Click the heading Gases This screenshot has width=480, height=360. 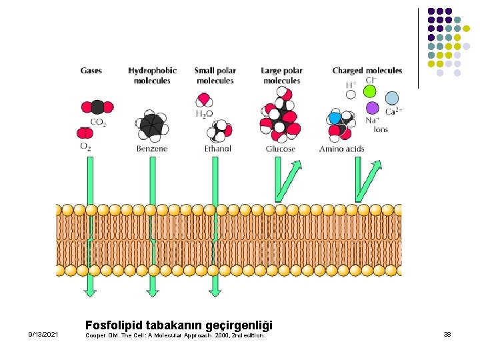tap(91, 71)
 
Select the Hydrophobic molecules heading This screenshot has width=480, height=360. tap(152, 75)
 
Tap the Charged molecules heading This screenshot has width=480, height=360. tap(367, 71)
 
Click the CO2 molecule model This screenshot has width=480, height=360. tap(97, 107)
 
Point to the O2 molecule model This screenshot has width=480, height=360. tap(85, 133)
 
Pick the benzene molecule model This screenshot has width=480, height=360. tap(152, 125)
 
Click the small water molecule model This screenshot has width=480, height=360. tap(204, 100)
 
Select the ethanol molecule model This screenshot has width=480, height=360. tap(219, 131)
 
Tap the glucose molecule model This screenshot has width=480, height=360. tap(280, 115)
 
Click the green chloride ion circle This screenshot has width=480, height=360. tap(369, 91)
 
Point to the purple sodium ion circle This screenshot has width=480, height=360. tap(372, 108)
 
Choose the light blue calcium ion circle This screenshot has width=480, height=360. tap(392, 99)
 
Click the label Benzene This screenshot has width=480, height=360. tap(152, 149)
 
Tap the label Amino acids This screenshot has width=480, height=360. tap(341, 149)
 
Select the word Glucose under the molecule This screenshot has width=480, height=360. tap(281, 149)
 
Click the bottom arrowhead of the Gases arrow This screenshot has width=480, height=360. tap(90, 293)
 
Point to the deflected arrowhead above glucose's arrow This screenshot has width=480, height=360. tap(296, 166)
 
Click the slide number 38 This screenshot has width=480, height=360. tap(447, 334)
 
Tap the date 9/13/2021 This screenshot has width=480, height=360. tap(43, 334)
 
